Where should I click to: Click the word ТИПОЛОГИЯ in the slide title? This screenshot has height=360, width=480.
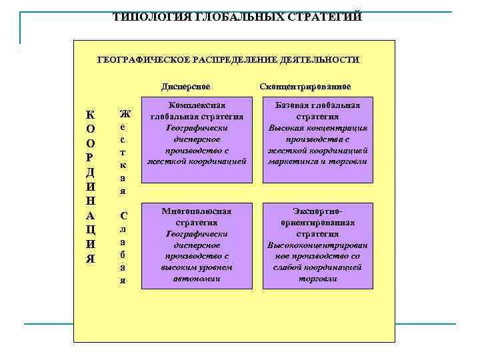[x=144, y=17]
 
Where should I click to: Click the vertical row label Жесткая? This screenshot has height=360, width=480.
[x=123, y=152]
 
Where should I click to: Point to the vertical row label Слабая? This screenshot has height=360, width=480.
[x=123, y=247]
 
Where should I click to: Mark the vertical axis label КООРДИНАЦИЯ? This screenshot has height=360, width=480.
[x=90, y=187]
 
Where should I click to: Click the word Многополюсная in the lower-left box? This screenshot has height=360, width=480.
[x=197, y=211]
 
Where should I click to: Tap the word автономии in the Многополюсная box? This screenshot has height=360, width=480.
[x=197, y=279]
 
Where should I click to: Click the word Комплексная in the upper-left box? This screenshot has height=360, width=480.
[x=197, y=105]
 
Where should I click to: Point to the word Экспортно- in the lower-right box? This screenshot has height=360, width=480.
[x=317, y=211]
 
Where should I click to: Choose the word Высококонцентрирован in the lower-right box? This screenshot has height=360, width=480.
[x=318, y=245]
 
